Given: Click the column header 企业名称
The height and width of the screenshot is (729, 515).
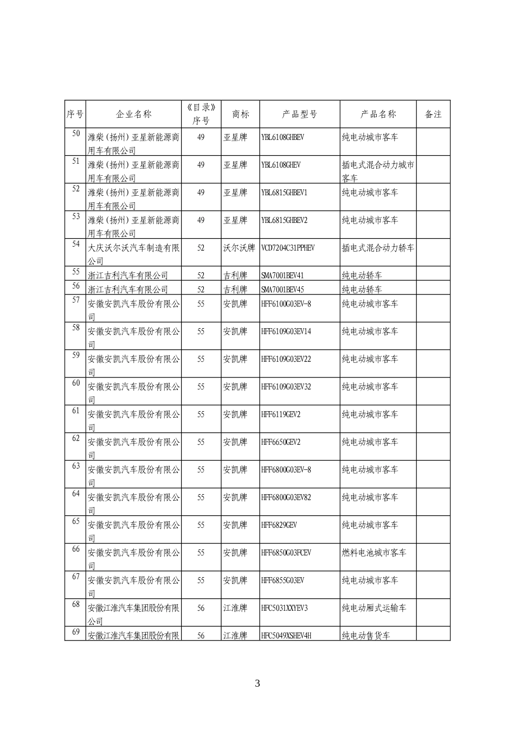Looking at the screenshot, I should coord(133,114).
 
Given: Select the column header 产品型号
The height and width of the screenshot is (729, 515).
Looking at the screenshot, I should coord(299,114).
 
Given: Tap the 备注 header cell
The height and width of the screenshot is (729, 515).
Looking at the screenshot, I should coord(433,114).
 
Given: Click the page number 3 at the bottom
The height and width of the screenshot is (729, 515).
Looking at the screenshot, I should coord(257,683).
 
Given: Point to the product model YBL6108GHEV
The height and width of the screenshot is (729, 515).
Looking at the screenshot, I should coord(281,165).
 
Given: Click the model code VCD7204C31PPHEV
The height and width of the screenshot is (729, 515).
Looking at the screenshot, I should coord(288,248).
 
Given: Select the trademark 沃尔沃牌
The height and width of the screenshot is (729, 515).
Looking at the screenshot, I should coord(239,248).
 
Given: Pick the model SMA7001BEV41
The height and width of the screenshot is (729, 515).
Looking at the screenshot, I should coord(282,276).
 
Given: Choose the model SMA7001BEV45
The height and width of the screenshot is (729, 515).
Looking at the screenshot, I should coord(282,290).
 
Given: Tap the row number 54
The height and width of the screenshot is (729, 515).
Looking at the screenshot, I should coord(76,244).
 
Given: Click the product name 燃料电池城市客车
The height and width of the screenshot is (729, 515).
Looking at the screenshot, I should coord(374,553).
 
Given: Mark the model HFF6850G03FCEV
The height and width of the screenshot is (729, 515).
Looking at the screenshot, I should coord(286,553).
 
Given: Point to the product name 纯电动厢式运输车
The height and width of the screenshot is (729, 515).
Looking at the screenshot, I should coord(374,608).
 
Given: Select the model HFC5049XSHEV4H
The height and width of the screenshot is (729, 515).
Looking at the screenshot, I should coord(286,636).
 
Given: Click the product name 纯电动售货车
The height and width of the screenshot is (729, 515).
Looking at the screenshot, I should coord(366,636).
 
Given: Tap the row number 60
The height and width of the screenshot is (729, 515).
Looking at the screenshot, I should coord(76,383).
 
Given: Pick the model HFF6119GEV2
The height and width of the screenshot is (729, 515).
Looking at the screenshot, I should coord(281,414).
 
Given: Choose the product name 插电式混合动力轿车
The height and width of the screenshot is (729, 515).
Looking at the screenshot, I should coord(378,248).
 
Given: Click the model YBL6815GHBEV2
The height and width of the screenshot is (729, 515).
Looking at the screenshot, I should coord(284,220).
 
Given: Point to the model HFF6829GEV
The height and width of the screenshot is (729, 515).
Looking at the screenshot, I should coord(279,525).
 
